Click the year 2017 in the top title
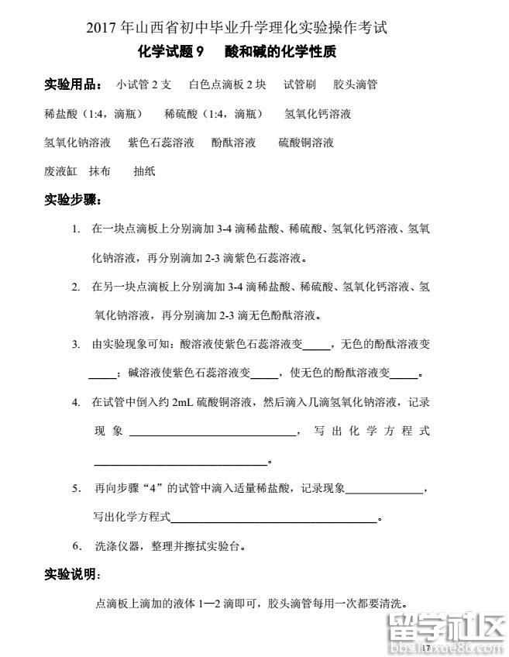coord(102,29)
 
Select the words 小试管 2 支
coord(144,84)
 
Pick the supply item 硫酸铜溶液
coord(306,143)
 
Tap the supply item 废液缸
coord(61,171)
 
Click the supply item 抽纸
coord(144,171)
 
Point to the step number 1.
coord(75,229)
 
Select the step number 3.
coord(75,344)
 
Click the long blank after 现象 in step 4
coord(212,432)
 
